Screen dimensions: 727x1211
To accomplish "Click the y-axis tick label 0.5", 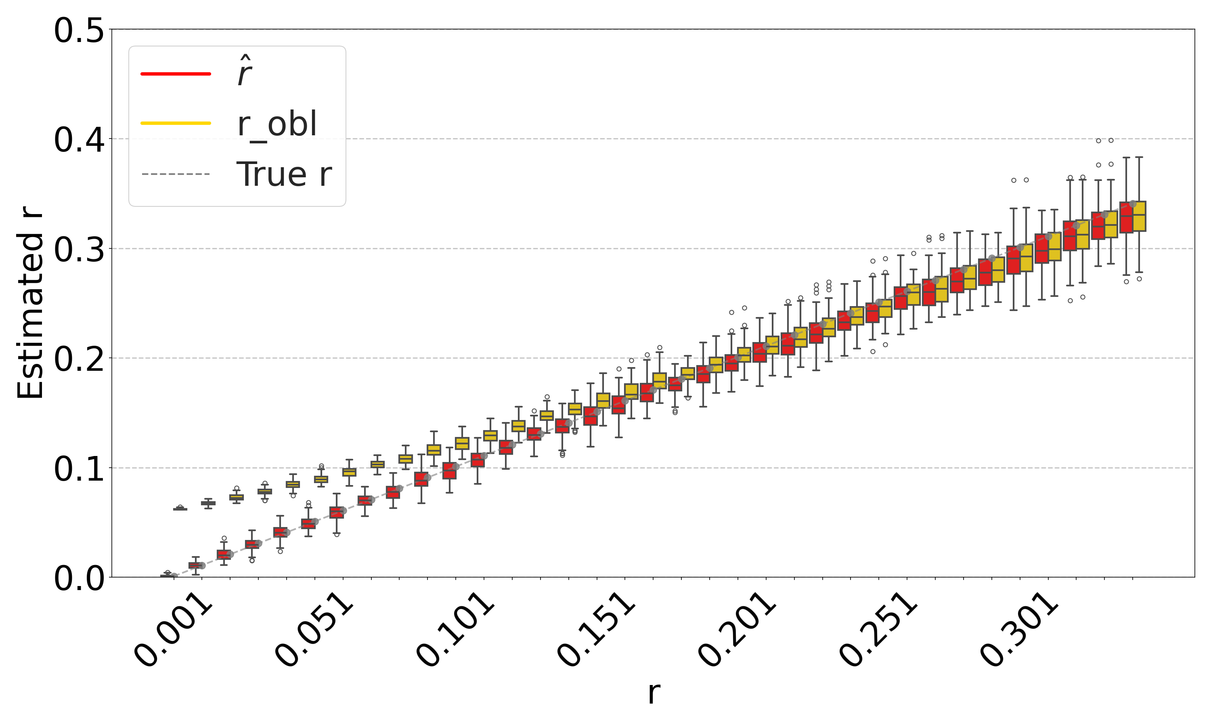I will [x=78, y=31].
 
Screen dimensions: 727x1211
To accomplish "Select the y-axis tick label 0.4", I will [x=78, y=140].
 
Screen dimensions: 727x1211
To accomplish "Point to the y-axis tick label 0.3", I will [x=78, y=250].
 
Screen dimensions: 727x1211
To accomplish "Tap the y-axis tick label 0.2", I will [x=78, y=359].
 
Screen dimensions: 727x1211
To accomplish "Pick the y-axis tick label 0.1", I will [x=78, y=469].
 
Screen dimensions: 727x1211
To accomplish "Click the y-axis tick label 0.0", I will [x=78, y=578].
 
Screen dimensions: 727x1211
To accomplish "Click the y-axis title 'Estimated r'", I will [x=30, y=304].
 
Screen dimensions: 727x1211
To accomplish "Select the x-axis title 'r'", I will [x=654, y=693].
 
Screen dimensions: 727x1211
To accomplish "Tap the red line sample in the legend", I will [x=176, y=74].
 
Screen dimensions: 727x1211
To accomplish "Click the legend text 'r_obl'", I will [x=277, y=124].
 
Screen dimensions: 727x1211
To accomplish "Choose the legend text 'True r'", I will [x=284, y=174].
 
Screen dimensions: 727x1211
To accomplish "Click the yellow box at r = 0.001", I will [x=180, y=509].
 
